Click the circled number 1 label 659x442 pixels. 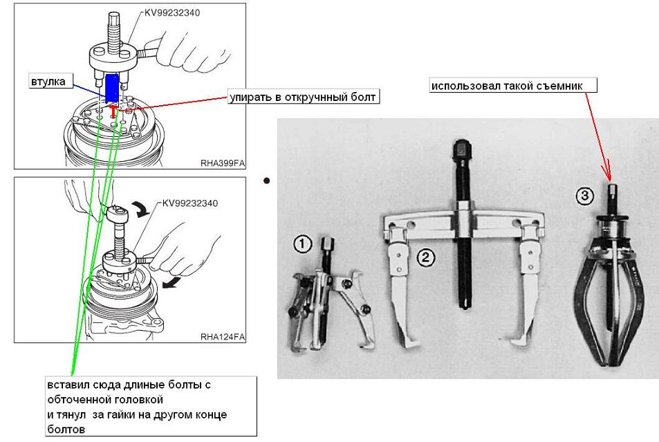(x=302, y=243)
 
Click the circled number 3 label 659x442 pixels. (x=584, y=196)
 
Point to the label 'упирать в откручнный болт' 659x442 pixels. (x=302, y=97)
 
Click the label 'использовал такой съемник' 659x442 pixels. (x=511, y=86)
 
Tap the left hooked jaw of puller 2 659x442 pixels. (x=401, y=304)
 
